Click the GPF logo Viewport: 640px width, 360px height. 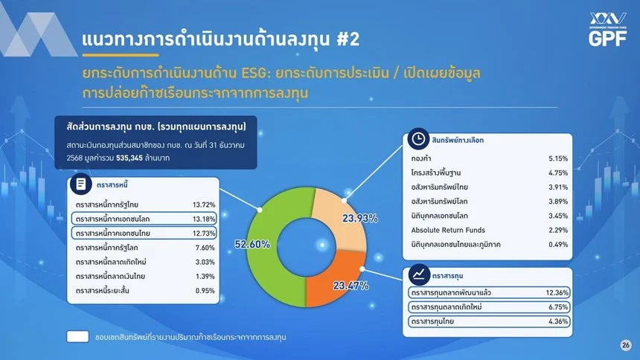pos(607,29)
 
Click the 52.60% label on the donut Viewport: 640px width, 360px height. pos(252,244)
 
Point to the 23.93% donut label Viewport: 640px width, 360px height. pos(359,219)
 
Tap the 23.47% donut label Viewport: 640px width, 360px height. pos(351,286)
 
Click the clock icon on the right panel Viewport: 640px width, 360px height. pos(418,139)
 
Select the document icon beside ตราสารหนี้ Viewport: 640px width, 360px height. pos(81,184)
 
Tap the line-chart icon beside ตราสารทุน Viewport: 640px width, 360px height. pos(419,274)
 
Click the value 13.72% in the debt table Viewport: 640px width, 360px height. pos(204,205)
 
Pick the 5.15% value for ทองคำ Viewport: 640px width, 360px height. pos(558,158)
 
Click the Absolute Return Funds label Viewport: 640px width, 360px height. pos(448,230)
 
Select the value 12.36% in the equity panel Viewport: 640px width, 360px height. pos(557,292)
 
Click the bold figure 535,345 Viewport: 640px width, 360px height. pos(129,158)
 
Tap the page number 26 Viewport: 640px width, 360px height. pos(625,345)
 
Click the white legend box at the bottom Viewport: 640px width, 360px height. pos(77,337)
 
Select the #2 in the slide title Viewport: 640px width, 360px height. pos(348,39)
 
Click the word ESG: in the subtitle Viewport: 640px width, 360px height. pos(256,73)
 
